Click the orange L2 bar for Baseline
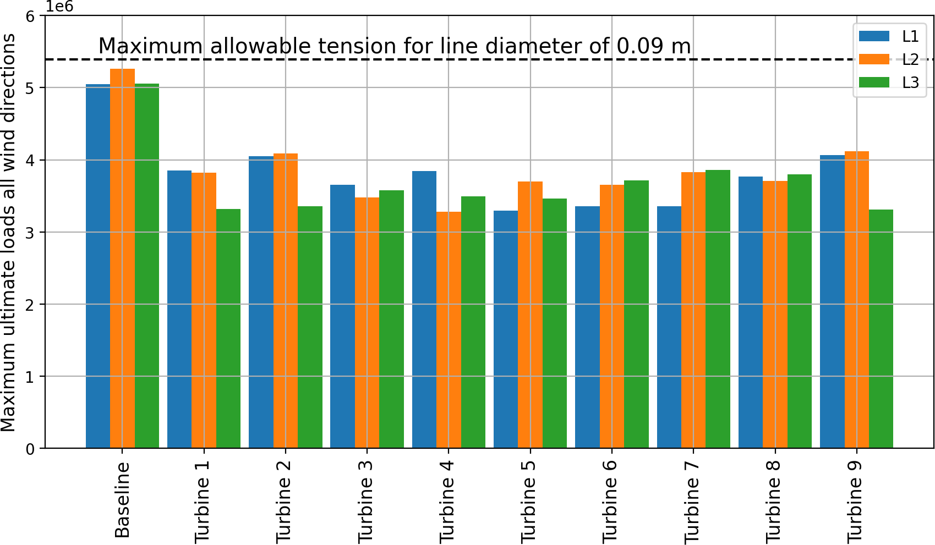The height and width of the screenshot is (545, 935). tap(122, 258)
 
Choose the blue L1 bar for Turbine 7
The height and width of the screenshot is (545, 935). tap(669, 327)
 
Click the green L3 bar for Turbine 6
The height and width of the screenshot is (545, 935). tap(636, 314)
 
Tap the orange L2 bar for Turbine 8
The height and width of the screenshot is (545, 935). tap(775, 315)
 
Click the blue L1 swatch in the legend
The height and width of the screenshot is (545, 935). tap(874, 36)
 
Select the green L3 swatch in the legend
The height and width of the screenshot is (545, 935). tap(874, 82)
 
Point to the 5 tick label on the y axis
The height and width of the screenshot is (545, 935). tap(30, 88)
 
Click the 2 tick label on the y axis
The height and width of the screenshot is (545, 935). tap(30, 305)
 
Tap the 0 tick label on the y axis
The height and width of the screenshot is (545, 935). tap(30, 449)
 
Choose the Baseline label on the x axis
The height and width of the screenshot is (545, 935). tap(122, 499)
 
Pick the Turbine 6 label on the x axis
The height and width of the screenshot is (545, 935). tap(610, 502)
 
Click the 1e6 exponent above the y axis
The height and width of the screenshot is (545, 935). tap(59, 7)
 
